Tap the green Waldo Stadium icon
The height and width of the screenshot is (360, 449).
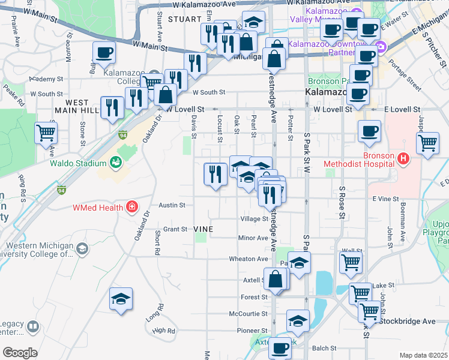(x=115, y=162)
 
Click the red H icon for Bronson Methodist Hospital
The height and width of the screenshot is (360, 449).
(x=403, y=159)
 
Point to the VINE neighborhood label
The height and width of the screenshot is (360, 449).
(x=205, y=229)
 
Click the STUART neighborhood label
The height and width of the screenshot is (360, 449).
(x=182, y=19)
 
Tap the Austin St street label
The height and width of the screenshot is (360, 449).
(x=172, y=205)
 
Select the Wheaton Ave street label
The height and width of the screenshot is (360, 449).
(x=248, y=259)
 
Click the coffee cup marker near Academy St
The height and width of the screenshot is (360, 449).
(x=104, y=53)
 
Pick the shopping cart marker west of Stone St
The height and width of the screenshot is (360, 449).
(x=46, y=133)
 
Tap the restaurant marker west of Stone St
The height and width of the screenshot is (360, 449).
(x=112, y=107)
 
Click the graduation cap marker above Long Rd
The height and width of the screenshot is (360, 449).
(x=121, y=299)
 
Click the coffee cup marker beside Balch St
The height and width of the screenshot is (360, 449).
(x=279, y=348)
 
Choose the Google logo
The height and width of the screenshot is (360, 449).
(x=20, y=353)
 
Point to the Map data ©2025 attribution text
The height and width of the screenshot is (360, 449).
(x=423, y=355)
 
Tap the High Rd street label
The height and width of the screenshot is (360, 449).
(x=163, y=331)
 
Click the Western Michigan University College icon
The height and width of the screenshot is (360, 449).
(x=82, y=248)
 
